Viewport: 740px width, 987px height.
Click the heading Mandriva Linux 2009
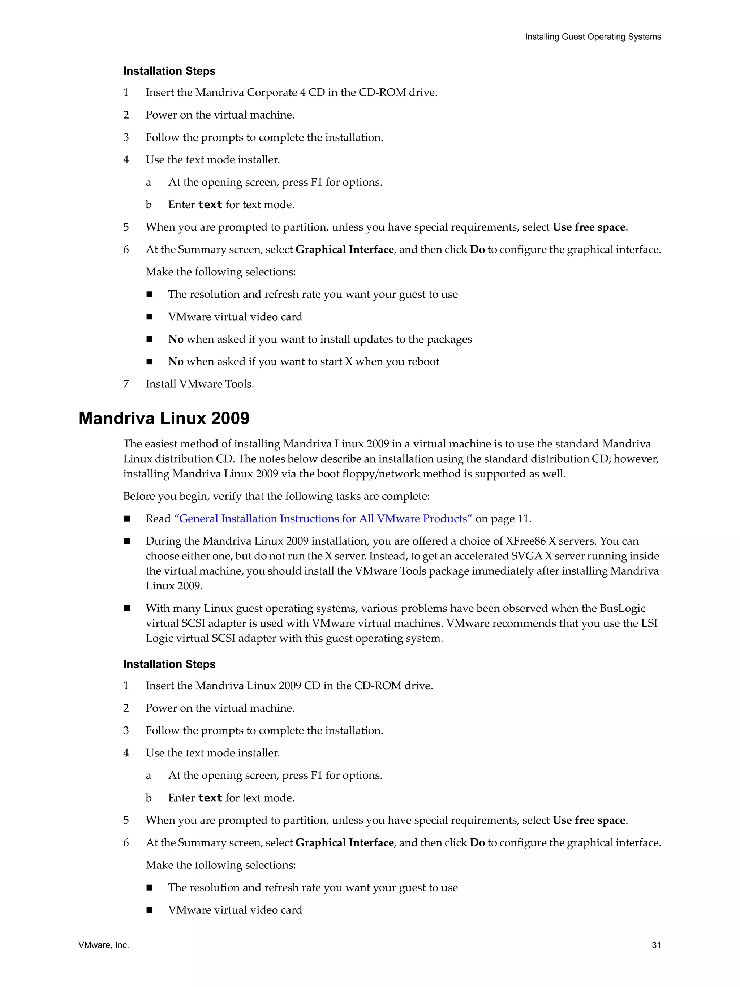(x=164, y=418)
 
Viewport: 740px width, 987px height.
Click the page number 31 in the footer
(x=656, y=945)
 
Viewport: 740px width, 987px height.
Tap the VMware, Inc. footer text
(x=103, y=945)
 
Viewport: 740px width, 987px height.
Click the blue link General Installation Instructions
(x=323, y=519)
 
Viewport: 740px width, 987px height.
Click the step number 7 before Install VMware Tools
(x=126, y=384)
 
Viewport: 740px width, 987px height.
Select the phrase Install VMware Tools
(x=199, y=384)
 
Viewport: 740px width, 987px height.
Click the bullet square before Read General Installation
(x=127, y=519)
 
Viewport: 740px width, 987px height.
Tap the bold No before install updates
(x=176, y=339)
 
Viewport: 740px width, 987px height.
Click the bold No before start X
(x=176, y=361)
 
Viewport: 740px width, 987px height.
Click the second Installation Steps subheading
(x=169, y=664)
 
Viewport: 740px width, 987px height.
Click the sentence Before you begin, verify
(x=276, y=496)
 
